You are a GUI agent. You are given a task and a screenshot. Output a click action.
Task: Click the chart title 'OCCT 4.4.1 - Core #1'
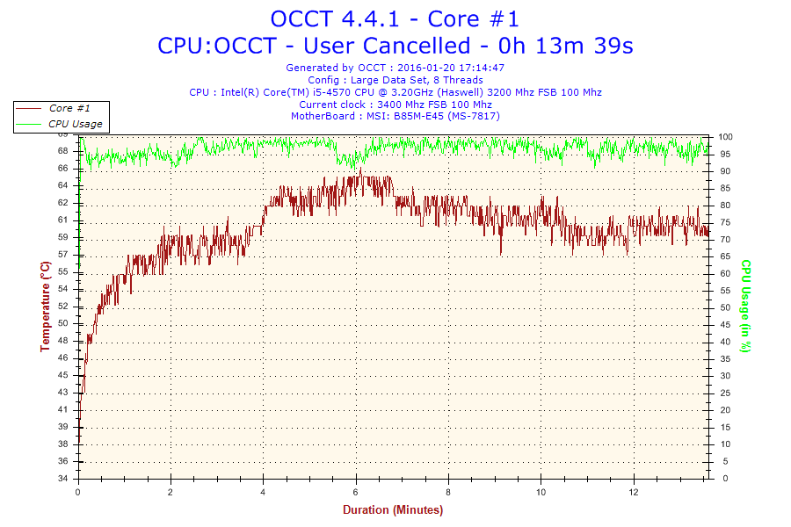(395, 18)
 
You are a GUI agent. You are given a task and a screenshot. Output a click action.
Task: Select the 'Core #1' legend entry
(62, 108)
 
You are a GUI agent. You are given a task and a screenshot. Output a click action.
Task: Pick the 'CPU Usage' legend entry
(75, 124)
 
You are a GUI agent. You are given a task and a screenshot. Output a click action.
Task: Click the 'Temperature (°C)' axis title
(45, 307)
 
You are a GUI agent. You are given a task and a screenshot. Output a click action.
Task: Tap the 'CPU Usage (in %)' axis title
(745, 307)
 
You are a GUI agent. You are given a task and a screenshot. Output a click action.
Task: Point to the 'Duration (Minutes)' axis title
(393, 509)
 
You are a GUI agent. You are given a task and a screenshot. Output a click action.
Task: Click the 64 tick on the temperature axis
(63, 185)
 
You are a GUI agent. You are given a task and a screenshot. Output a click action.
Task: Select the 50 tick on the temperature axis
(63, 323)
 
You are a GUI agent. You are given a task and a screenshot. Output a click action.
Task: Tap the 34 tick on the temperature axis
(63, 479)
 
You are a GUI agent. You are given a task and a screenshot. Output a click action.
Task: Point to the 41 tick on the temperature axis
(63, 409)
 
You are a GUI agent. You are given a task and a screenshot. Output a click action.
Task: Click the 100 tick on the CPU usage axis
(726, 137)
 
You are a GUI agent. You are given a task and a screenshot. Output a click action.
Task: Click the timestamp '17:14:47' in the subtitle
(480, 68)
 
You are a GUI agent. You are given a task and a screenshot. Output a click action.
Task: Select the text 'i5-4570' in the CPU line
(334, 92)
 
